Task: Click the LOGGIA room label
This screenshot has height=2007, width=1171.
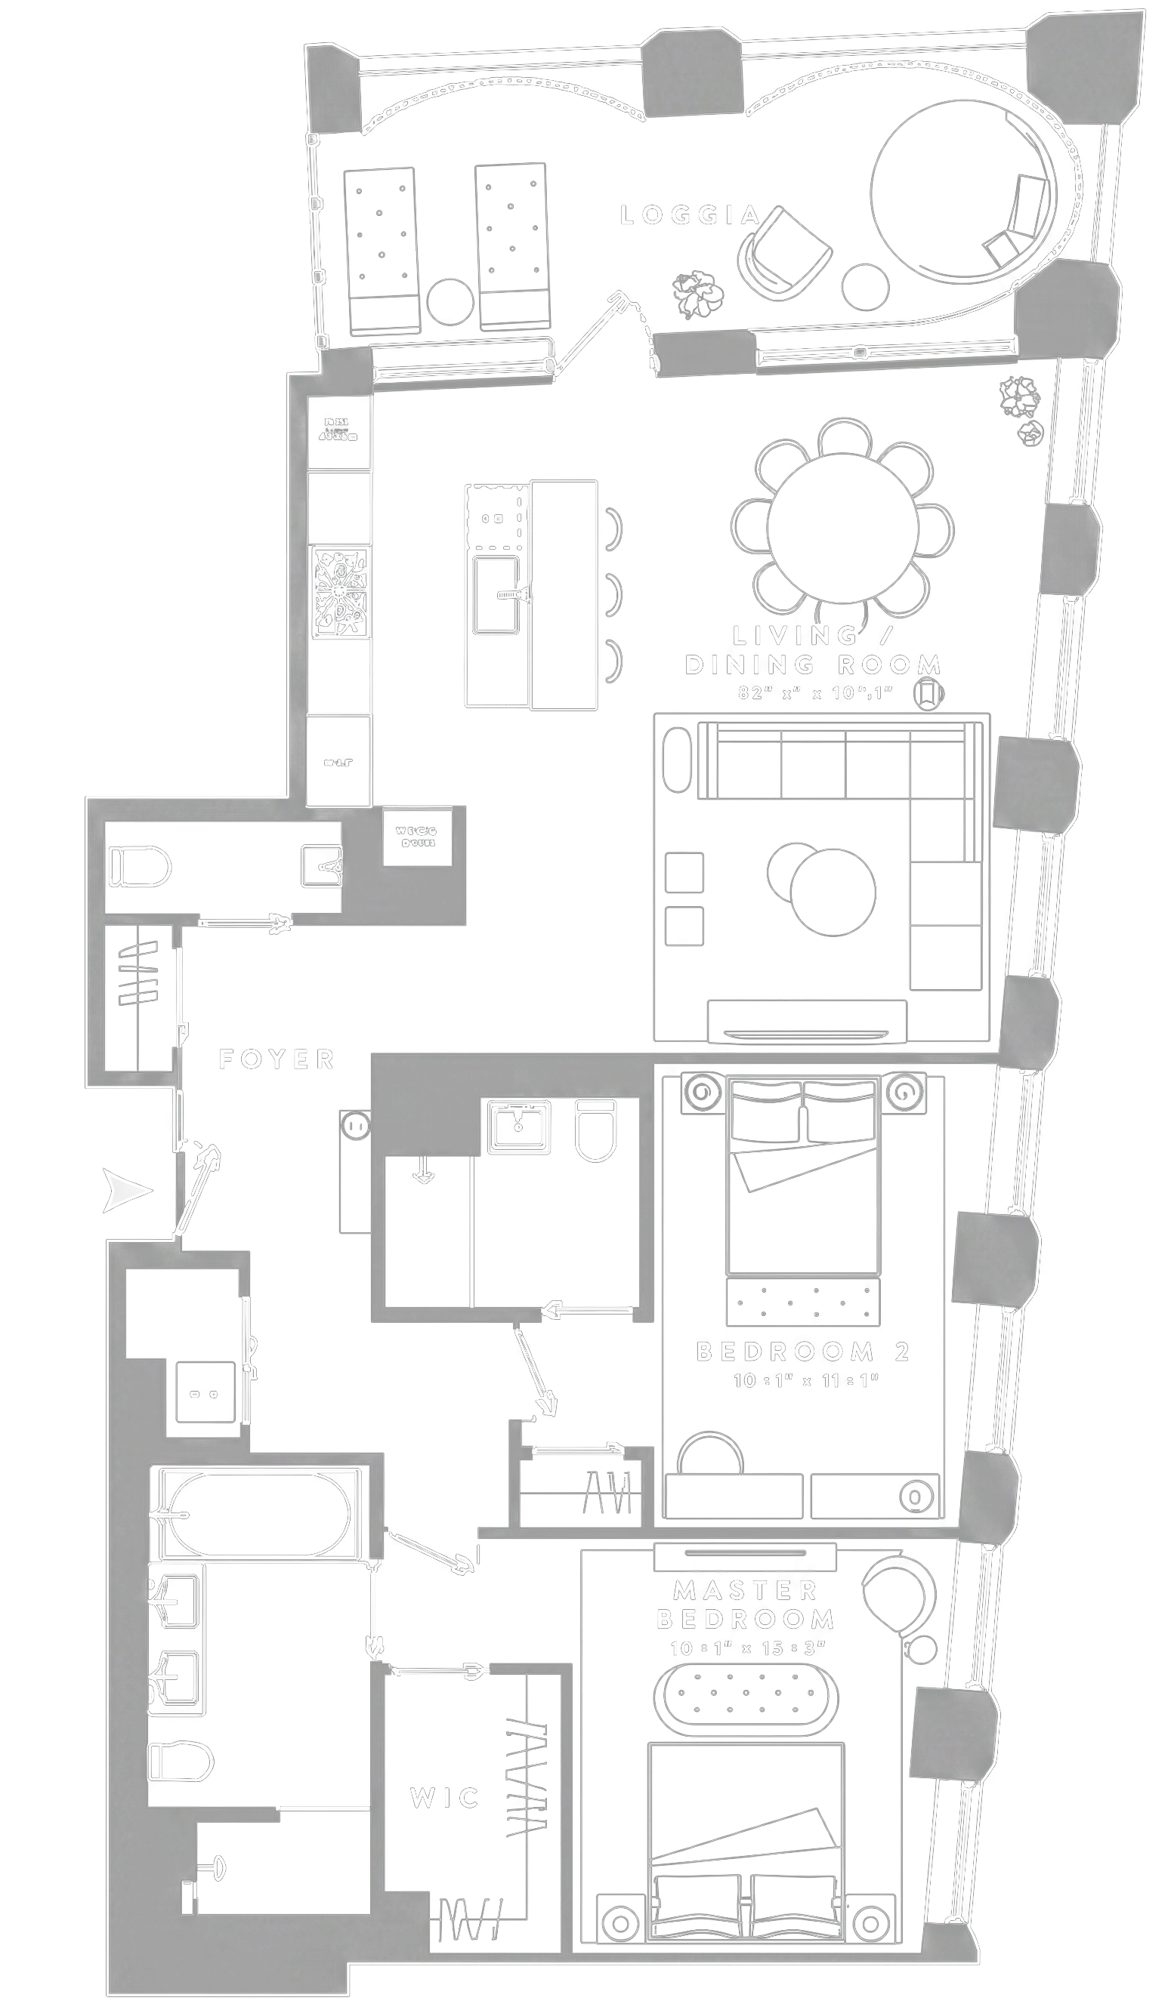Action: tap(690, 215)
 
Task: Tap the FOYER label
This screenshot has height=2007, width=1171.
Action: tap(277, 1059)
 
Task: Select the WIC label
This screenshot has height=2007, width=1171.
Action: tap(444, 1798)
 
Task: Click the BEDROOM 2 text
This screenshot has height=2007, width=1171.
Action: tap(803, 1352)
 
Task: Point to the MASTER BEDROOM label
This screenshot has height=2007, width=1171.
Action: tap(746, 1605)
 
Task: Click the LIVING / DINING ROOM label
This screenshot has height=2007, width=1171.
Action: tap(813, 650)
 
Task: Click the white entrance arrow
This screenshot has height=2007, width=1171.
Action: tap(127, 1191)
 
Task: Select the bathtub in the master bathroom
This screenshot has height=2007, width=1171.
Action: tap(259, 1514)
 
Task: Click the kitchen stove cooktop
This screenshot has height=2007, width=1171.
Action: tap(340, 592)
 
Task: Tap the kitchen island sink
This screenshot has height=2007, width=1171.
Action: tap(496, 594)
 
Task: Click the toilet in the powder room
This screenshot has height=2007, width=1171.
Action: tap(141, 867)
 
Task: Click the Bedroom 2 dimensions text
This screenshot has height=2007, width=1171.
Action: tap(805, 1380)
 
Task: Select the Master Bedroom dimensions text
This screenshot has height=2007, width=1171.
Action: tap(746, 1648)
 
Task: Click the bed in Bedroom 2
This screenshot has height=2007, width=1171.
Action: tap(803, 1179)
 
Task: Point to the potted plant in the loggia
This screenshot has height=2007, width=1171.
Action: tap(698, 294)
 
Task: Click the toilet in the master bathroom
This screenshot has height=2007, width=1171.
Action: tap(181, 1761)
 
